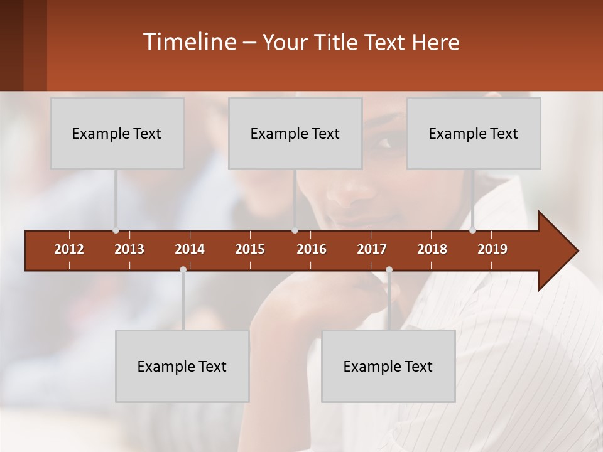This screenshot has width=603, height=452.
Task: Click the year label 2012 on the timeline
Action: click(x=69, y=249)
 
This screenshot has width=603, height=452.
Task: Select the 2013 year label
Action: click(x=129, y=249)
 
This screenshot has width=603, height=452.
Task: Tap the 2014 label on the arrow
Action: click(x=190, y=249)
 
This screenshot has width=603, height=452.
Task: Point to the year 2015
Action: click(x=250, y=249)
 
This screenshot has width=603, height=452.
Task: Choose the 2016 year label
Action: click(x=312, y=249)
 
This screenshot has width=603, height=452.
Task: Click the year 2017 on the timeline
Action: click(x=372, y=249)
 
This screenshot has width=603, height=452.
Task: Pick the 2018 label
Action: click(x=432, y=249)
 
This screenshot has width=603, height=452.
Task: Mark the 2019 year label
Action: click(x=492, y=249)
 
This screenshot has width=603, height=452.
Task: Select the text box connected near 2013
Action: click(x=117, y=133)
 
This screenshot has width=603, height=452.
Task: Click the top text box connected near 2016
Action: click(x=295, y=133)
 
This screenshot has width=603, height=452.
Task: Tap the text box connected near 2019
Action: click(x=474, y=133)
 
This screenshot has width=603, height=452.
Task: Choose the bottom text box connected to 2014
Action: click(x=182, y=366)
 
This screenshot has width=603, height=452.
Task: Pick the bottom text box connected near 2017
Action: click(x=388, y=366)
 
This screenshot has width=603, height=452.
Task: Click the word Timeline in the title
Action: click(x=188, y=42)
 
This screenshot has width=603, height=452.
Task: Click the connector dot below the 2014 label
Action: click(x=183, y=269)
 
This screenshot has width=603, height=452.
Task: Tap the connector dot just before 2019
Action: click(x=472, y=230)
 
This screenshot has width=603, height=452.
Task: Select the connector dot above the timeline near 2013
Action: click(x=116, y=230)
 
